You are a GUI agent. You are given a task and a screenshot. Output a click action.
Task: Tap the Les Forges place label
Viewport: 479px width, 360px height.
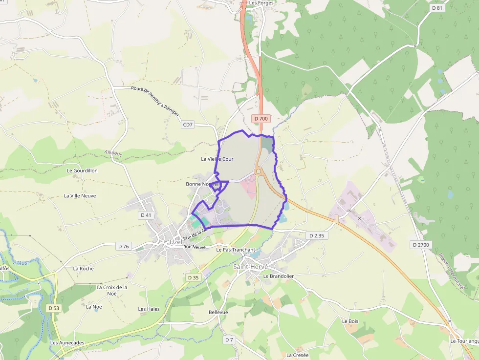261,3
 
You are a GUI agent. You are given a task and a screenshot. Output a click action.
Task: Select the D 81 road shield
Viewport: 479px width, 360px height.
437,8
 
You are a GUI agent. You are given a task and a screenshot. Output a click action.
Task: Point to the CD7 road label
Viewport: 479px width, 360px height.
188,125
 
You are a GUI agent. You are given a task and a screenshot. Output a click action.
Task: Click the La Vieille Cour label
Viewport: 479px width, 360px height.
217,159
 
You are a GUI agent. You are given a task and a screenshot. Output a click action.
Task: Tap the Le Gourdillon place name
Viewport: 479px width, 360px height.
82,170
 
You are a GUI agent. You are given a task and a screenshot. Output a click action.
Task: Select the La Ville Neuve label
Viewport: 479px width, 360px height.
80,196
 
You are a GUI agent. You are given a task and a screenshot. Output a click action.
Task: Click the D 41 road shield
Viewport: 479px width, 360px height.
146,215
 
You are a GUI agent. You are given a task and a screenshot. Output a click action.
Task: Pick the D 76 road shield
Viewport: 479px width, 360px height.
123,246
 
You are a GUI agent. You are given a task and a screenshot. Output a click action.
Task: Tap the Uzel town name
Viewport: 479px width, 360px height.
175,242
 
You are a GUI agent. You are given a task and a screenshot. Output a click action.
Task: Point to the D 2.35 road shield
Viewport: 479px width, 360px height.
316,235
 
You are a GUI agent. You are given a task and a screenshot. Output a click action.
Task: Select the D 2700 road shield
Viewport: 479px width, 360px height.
421,244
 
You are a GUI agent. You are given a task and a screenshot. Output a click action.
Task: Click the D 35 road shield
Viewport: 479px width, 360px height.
194,277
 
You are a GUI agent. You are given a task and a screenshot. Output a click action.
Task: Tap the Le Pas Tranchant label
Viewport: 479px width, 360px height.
236,250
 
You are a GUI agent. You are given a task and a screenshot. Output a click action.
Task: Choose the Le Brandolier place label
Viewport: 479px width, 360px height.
278,276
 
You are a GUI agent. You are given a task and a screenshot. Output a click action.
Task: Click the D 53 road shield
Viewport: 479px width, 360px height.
54,308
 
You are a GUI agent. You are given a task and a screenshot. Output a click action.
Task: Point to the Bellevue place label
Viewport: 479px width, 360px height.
218,312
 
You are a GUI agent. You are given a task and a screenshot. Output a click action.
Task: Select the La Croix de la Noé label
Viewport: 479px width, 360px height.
112,290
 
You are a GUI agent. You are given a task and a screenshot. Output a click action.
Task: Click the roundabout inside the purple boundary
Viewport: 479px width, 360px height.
258,171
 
